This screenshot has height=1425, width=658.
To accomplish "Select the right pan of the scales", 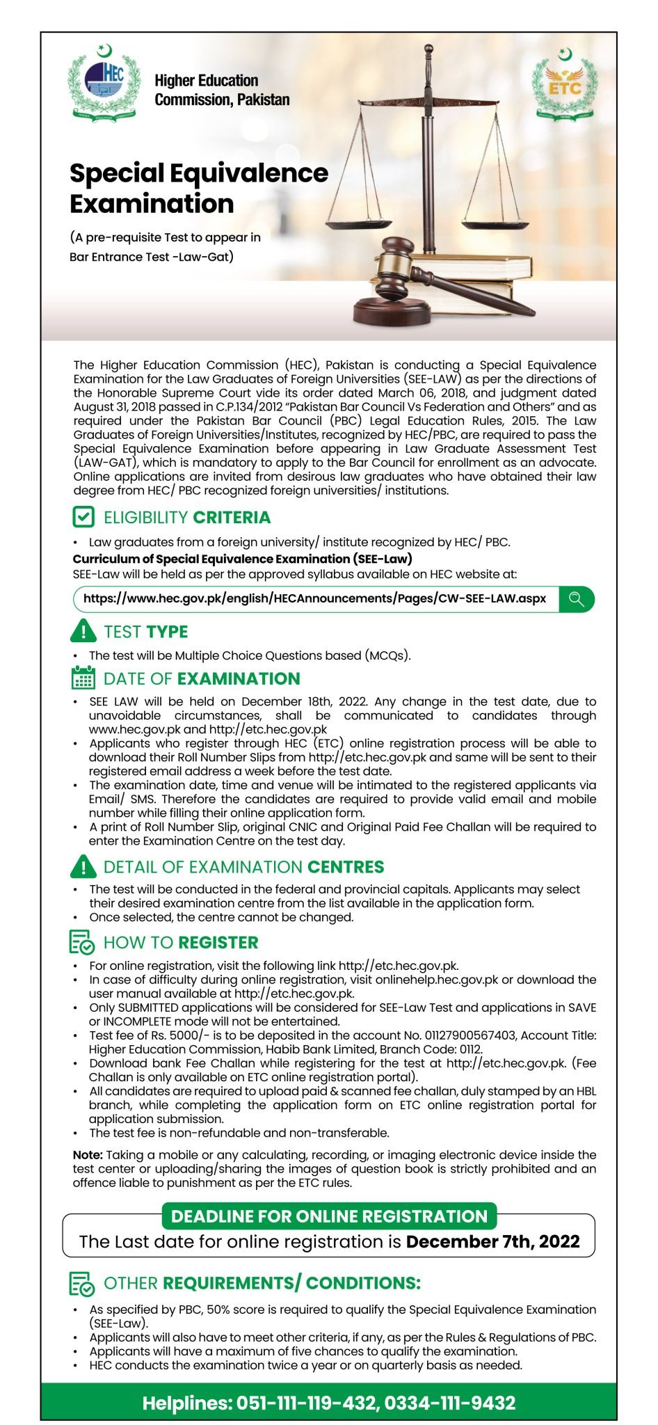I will click(495, 225).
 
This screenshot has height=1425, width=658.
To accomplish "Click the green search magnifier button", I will click(576, 599).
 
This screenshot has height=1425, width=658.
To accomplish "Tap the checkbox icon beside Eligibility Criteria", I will click(83, 517).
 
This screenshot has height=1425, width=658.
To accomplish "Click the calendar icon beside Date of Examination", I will click(83, 678).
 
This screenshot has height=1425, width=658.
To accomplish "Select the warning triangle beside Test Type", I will click(83, 631).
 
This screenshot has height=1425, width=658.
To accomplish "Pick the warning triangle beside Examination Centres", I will click(83, 866).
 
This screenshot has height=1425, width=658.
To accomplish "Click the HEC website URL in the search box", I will click(314, 598).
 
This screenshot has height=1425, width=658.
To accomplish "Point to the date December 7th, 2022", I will click(492, 1242).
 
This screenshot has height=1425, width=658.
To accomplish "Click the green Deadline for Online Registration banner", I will click(329, 1216).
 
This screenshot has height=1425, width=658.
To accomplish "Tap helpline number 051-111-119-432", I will click(307, 1403).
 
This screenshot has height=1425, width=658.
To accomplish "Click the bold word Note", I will click(88, 1154).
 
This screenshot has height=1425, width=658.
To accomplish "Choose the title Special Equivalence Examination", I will click(198, 188).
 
